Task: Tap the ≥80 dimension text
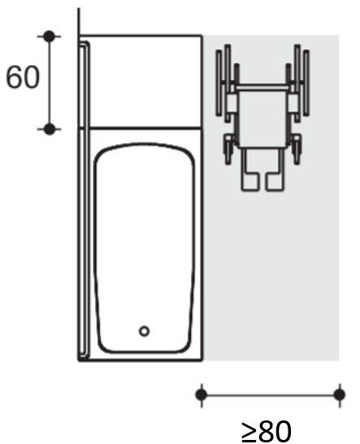[x=267, y=429]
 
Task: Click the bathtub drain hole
[x=144, y=330]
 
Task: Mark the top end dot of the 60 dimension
[x=50, y=37]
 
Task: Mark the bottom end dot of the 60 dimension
[x=50, y=128]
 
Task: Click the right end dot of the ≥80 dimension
[x=339, y=395]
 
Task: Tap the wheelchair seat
[x=263, y=114]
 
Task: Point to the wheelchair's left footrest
[x=249, y=180]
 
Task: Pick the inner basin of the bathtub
[x=144, y=244]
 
